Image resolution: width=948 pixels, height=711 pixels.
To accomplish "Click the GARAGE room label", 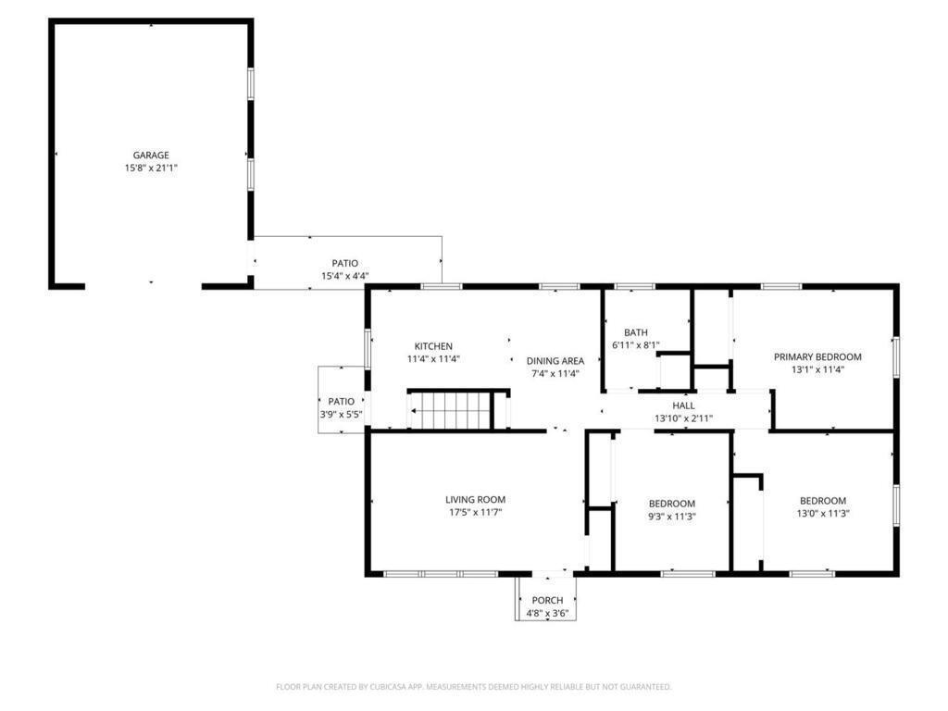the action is [151, 156].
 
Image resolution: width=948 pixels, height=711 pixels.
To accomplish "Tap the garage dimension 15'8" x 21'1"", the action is [151, 168].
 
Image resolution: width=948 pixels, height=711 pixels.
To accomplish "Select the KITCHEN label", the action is [433, 346].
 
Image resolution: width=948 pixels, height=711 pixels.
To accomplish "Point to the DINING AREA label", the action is [555, 361].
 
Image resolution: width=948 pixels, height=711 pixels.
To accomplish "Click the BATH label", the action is [636, 332].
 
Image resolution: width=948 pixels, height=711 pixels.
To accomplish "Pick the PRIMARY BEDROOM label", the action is [817, 357].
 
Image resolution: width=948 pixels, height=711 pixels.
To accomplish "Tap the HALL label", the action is [684, 405].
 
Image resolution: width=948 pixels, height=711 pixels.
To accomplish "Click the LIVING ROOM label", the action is [475, 500].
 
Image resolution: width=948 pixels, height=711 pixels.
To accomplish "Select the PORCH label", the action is [547, 600].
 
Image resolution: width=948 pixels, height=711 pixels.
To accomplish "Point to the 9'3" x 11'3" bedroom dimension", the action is [672, 517].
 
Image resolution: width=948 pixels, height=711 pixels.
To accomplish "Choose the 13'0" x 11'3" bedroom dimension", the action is [823, 514].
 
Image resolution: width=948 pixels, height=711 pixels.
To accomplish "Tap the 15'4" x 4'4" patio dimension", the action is [344, 276].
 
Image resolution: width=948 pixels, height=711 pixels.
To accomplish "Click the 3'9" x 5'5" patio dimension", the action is [341, 415].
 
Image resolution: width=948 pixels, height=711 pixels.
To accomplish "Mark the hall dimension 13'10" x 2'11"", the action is [684, 418].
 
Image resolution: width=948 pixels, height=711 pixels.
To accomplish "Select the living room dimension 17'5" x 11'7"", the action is [475, 513].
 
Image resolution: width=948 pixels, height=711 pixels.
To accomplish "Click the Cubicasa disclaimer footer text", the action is [473, 687].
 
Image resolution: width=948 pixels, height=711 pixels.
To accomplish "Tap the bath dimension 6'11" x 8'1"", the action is [636, 345].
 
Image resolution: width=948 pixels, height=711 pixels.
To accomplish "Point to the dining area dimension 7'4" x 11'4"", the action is [555, 374].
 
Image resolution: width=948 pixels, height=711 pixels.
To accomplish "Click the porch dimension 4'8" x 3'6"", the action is [547, 613].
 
